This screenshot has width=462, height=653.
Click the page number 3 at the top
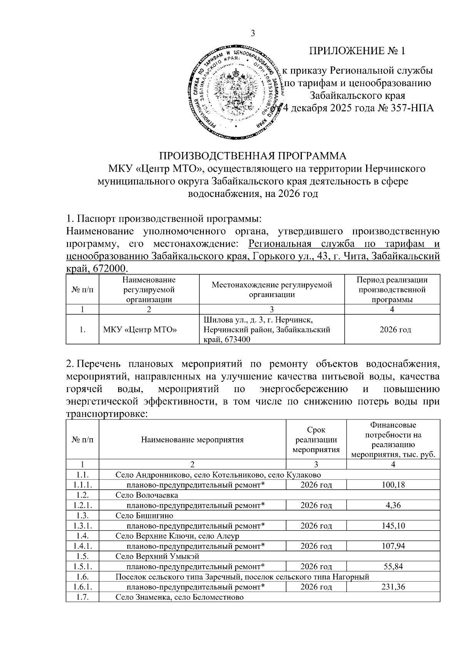[253, 34]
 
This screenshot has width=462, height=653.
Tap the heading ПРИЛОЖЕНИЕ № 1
[357, 51]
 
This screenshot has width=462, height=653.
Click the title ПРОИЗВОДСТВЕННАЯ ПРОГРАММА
[253, 156]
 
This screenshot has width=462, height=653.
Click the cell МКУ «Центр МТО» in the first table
[140, 330]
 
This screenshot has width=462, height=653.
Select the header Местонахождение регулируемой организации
[272, 289]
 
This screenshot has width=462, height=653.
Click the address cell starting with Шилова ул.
[266, 330]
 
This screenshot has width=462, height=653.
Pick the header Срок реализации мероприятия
[316, 440]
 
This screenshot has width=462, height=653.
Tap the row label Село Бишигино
[144, 516]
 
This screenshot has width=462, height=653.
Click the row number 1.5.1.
[82, 566]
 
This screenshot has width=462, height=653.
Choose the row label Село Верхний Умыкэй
[157, 556]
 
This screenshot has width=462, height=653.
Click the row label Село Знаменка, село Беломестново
[179, 597]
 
